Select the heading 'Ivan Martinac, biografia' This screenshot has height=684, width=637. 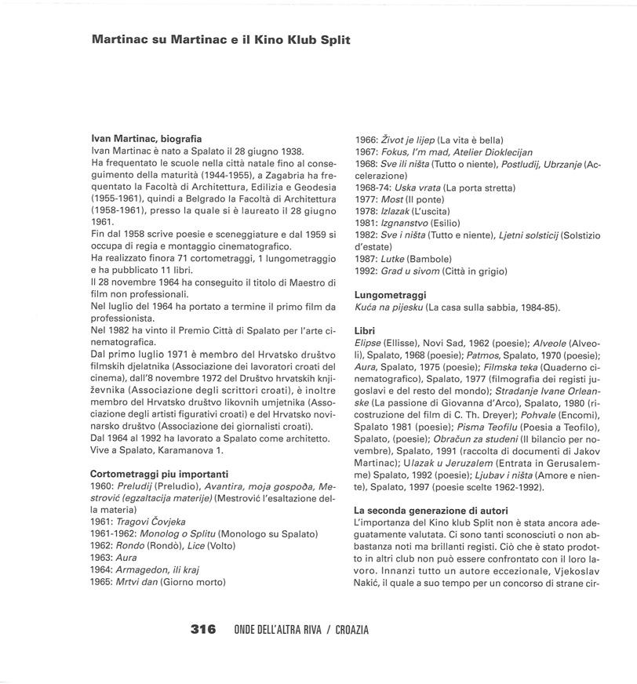click(147, 139)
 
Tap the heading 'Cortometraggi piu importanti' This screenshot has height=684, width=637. click(159, 474)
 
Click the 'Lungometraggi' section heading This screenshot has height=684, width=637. click(391, 294)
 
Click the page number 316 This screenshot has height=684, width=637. click(203, 630)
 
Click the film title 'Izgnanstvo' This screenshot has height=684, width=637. click(403, 223)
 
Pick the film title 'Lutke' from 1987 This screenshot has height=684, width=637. click(393, 259)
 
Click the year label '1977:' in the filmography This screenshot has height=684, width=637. click(366, 198)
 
